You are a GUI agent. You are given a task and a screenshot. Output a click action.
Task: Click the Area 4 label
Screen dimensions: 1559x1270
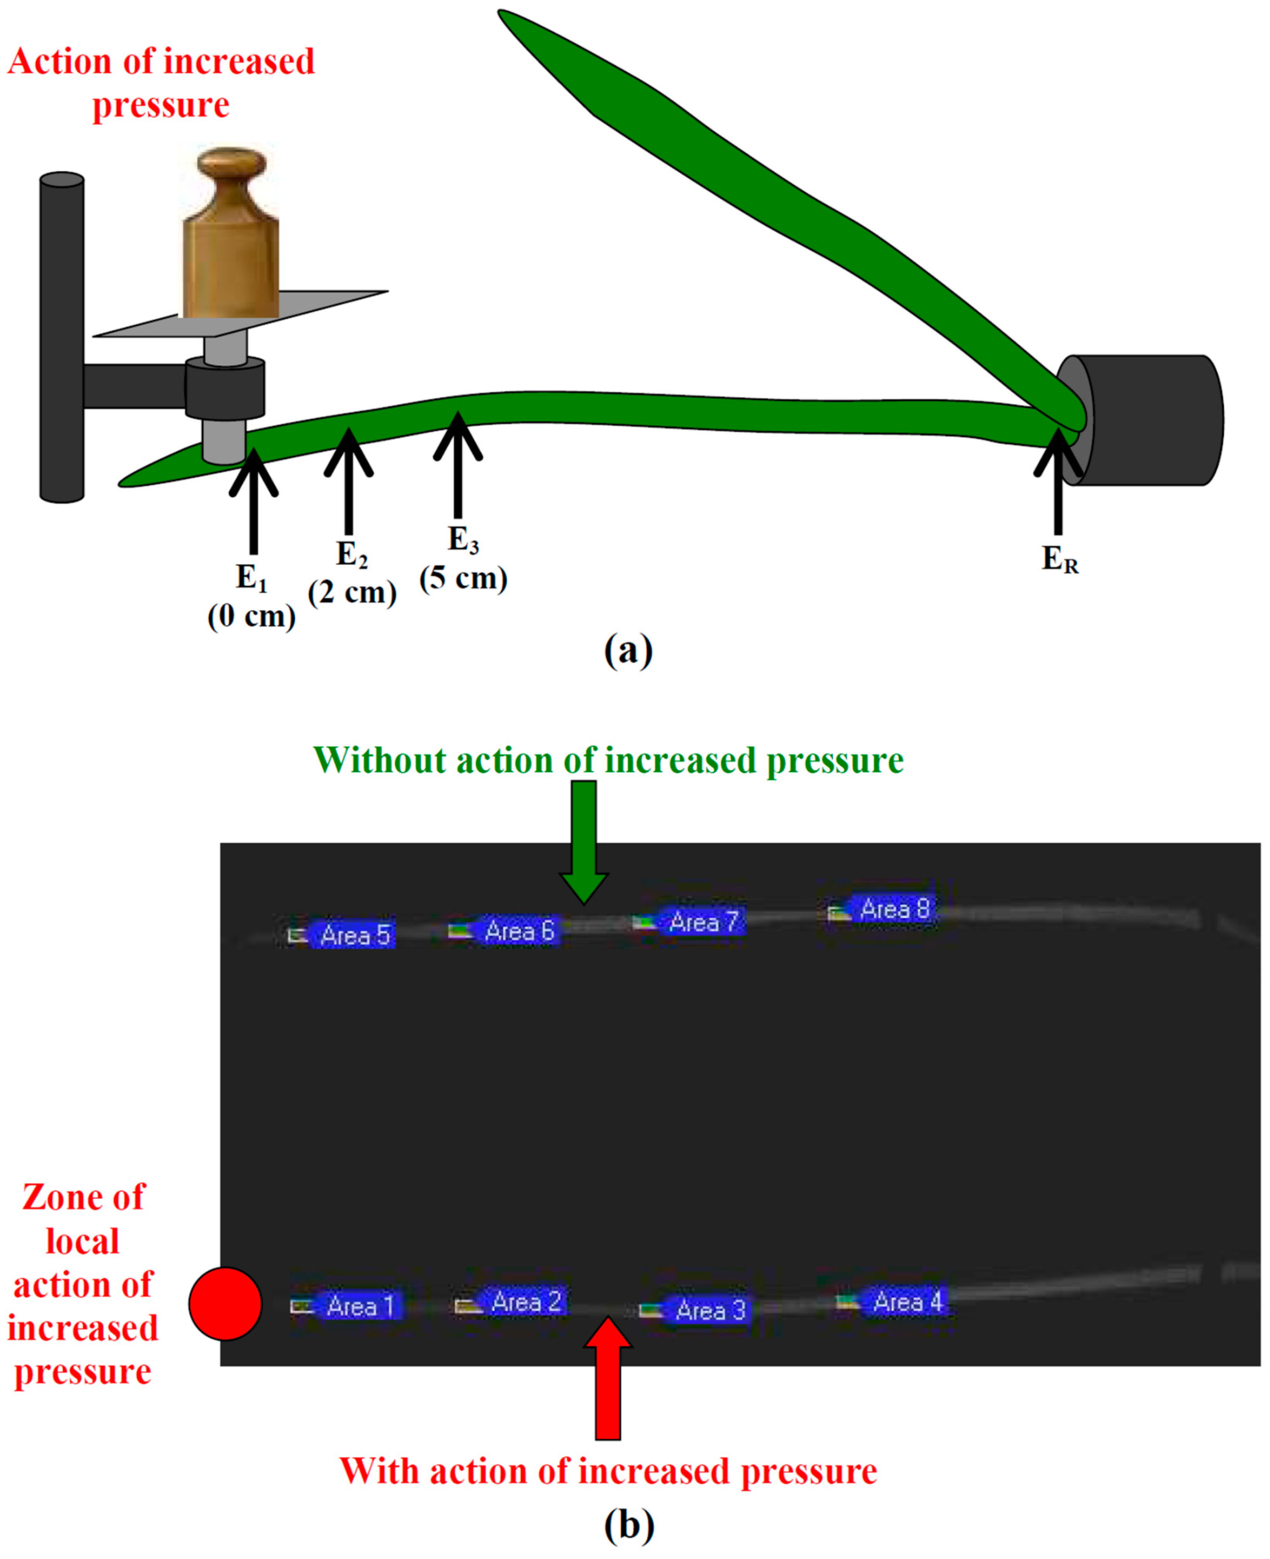[x=907, y=1301]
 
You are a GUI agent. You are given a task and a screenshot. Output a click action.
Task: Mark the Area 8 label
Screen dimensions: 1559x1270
[x=894, y=909]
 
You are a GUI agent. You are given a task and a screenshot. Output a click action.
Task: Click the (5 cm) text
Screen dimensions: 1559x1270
[x=463, y=578]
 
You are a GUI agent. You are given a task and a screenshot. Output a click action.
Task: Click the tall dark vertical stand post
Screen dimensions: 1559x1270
[x=62, y=337]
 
